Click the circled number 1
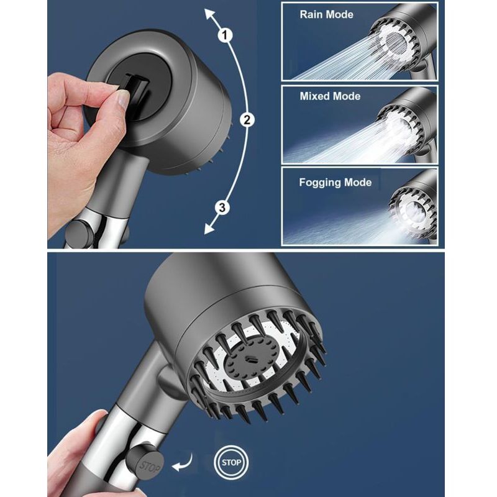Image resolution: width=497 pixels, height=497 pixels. [x=225, y=35]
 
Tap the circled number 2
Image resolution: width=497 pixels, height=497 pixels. [x=247, y=119]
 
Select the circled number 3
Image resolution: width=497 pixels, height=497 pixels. [x=222, y=207]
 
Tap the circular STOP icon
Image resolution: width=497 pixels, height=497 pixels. [x=231, y=462]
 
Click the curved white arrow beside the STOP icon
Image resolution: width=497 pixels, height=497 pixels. [x=183, y=463]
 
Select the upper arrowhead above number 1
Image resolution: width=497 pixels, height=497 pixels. [x=209, y=14]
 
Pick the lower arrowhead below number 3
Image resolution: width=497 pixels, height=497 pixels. [x=209, y=228]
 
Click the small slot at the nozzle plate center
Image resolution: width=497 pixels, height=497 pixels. [x=252, y=360]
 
